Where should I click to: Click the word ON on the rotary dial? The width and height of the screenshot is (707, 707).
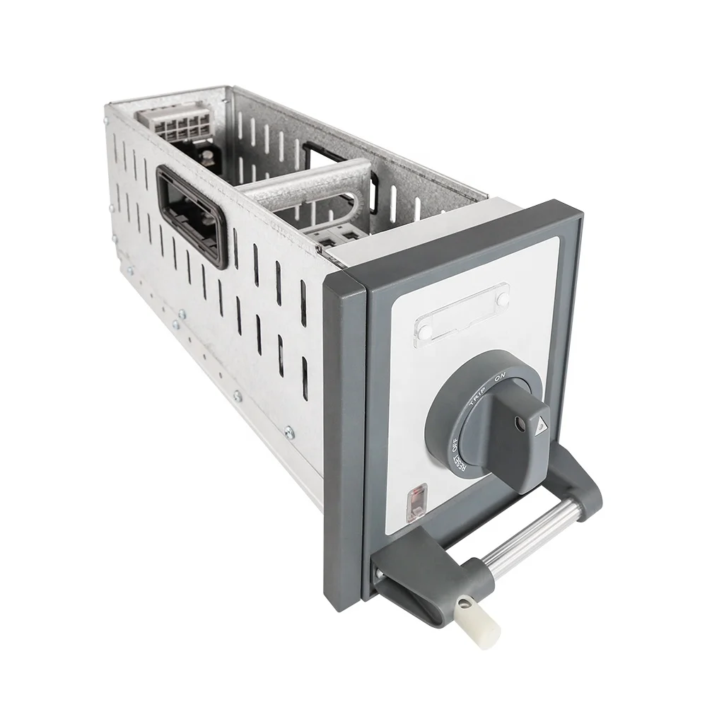point(500,380)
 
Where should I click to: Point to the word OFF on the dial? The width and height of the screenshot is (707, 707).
point(453,446)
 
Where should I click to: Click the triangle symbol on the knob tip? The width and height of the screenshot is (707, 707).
point(544,424)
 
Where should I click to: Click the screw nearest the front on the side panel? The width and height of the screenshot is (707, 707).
point(288,430)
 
